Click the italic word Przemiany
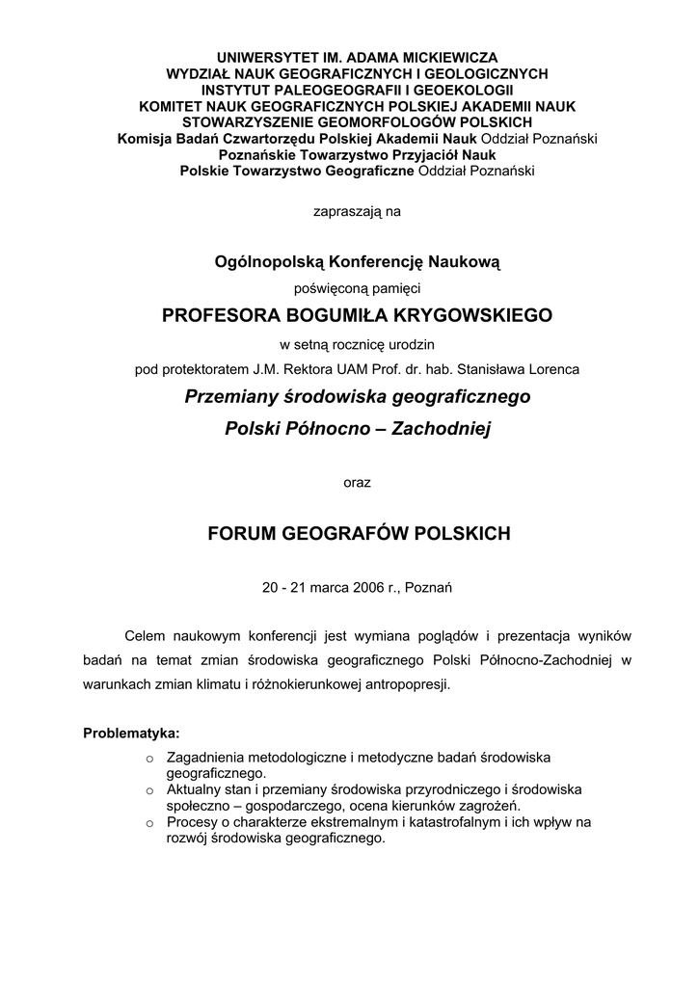(x=229, y=396)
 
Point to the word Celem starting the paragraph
(x=145, y=636)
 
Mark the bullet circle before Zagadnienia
(x=149, y=760)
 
